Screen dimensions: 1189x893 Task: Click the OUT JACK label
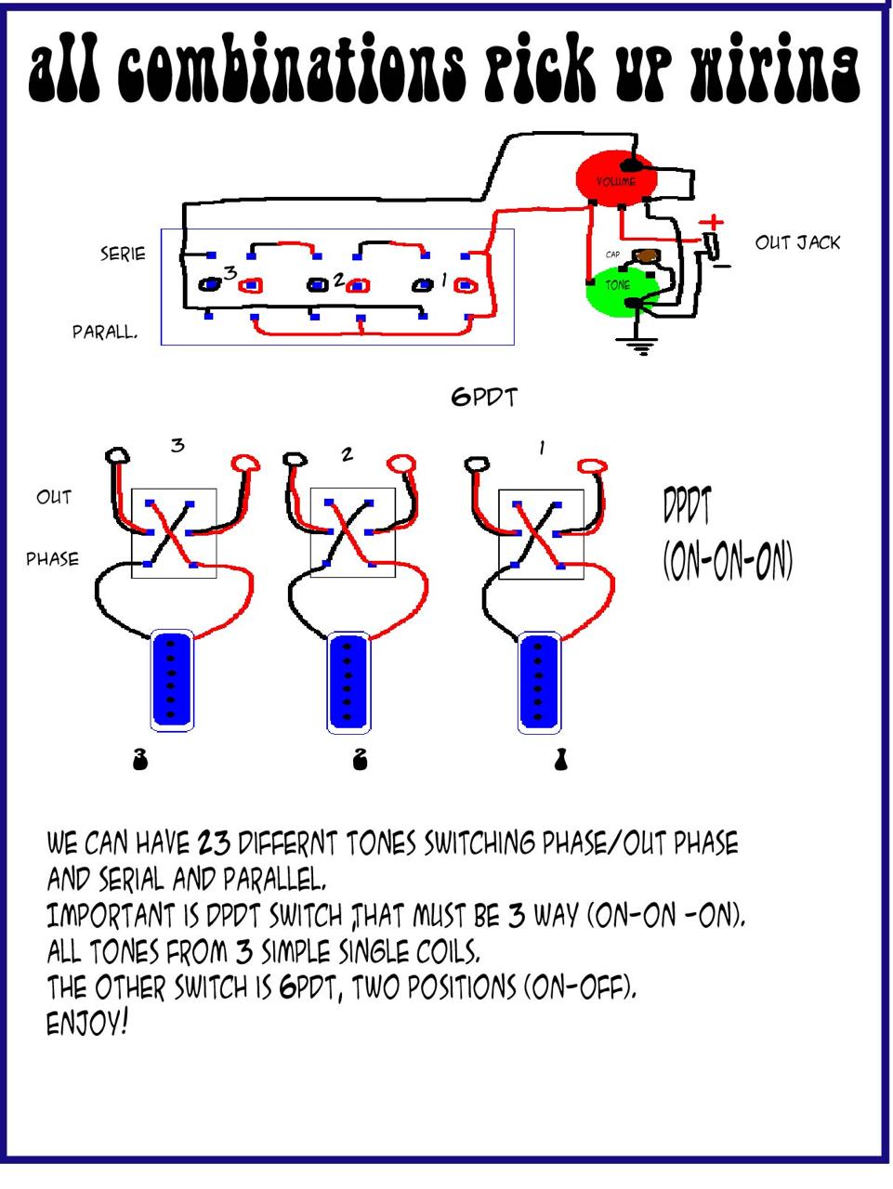pos(797,242)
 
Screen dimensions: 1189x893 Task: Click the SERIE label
pos(124,253)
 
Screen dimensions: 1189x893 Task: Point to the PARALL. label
pos(105,332)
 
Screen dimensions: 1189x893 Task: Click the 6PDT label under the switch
pos(484,398)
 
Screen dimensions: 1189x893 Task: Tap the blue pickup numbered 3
pos(171,681)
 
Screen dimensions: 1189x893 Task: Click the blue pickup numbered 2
pos(348,681)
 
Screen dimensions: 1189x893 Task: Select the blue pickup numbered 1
pos(537,681)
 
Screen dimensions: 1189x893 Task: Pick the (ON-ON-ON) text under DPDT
pos(728,561)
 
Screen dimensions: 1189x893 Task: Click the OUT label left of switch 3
pos(54,497)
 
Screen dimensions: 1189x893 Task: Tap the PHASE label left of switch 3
pos(52,559)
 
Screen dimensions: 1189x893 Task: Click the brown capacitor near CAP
pos(647,255)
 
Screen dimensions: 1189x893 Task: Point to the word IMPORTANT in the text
pos(111,917)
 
